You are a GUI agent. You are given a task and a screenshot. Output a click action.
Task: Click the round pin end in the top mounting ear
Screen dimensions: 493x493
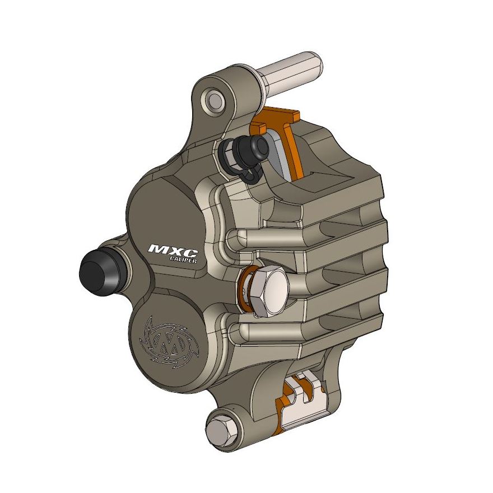pos(213,101)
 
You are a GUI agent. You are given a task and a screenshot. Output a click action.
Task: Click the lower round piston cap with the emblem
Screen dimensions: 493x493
pos(168,342)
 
